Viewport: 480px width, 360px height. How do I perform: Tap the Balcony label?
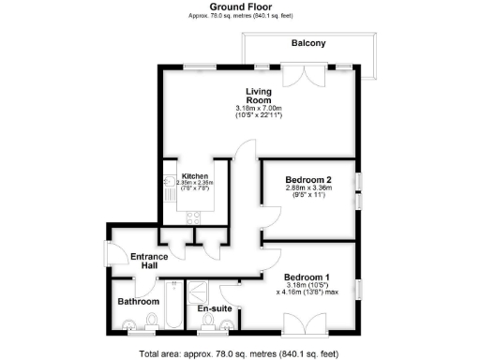pos(307,43)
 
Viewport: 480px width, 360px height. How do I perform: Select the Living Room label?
pos(259,96)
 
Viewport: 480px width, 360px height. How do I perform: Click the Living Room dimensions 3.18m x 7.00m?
pos(259,109)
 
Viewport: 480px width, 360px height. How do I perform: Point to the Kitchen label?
pos(195,176)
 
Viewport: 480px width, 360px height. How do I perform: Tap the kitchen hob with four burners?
pos(194,217)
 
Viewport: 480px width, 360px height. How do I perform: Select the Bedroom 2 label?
pos(308,179)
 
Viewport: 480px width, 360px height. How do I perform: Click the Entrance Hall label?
pos(148,262)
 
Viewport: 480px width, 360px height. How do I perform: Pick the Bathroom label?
pos(138,302)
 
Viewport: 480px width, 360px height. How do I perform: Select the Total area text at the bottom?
pos(240,353)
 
